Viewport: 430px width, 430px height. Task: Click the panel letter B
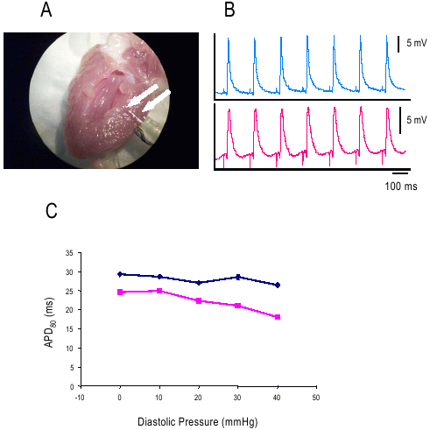click(229, 11)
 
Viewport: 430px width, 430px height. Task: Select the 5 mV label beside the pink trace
click(416, 119)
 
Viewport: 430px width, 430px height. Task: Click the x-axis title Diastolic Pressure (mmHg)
click(198, 420)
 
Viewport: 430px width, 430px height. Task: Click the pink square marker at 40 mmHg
click(278, 317)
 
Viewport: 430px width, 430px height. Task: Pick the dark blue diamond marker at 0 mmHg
click(120, 274)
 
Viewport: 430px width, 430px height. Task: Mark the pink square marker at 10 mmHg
click(159, 291)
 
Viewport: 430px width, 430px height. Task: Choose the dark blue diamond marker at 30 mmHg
click(238, 277)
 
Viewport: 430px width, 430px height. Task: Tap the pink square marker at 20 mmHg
click(199, 300)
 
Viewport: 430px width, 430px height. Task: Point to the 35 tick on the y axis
click(68, 253)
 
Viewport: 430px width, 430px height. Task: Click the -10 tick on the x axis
click(81, 396)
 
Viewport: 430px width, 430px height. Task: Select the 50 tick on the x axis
click(316, 396)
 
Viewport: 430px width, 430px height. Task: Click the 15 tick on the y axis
click(68, 329)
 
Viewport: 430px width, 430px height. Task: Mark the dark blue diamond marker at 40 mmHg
click(278, 285)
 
